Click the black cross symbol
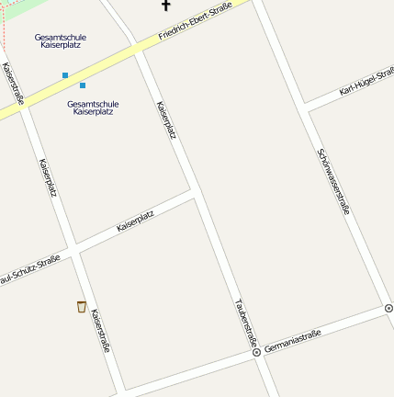tap(166, 6)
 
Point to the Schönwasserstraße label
tap(333, 181)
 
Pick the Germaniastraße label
tap(292, 342)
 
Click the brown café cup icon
tap(82, 306)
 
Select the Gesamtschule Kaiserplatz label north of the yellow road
tap(61, 40)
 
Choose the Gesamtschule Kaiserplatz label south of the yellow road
tap(93, 108)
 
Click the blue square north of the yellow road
tap(65, 74)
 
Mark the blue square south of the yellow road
tap(83, 85)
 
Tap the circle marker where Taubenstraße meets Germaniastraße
tap(256, 352)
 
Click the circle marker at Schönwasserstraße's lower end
tap(388, 308)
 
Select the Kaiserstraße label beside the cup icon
tap(100, 331)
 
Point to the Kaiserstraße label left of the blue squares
tap(13, 84)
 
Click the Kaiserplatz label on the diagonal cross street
tap(135, 221)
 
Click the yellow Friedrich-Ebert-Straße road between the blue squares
tap(73, 81)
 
